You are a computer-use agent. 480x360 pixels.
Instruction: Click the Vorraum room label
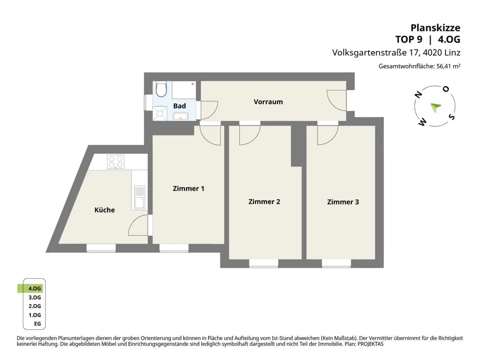(268, 102)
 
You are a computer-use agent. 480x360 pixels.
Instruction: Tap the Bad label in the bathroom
(179, 106)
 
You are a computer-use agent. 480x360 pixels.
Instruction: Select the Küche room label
(104, 210)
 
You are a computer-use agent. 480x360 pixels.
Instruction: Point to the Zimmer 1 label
(188, 188)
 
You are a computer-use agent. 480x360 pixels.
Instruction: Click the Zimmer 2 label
(264, 202)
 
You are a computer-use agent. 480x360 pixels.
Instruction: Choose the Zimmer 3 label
(343, 202)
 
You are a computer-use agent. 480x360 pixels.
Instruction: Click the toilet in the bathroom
(161, 89)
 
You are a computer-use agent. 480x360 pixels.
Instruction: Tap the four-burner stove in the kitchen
(116, 162)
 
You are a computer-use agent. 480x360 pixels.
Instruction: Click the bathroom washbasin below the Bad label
(181, 116)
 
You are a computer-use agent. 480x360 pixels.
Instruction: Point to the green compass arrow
(436, 107)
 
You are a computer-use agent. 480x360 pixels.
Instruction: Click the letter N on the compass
(418, 95)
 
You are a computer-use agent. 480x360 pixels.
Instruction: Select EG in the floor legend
(37, 324)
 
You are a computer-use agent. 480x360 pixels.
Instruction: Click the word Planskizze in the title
(435, 28)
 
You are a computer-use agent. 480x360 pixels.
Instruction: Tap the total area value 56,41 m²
(448, 66)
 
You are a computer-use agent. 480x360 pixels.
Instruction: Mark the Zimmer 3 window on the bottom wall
(336, 263)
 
